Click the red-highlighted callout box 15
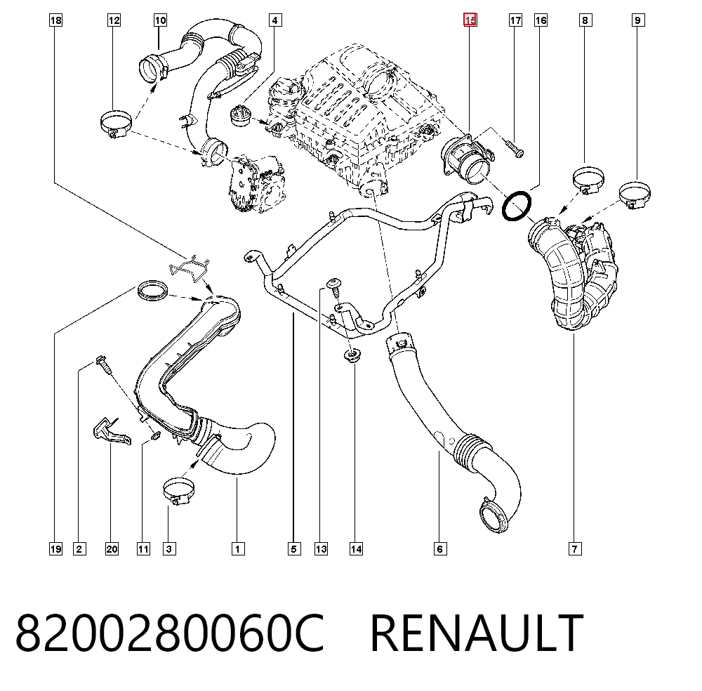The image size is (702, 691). coord(470,20)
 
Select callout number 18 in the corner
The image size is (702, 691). coord(55,20)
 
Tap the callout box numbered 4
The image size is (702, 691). coord(275,20)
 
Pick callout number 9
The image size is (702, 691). coord(637,20)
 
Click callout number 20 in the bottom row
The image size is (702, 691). coord(112,548)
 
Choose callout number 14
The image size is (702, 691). coord(356,548)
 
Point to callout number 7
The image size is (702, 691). coord(575,548)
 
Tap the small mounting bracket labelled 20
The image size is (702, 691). coord(111,431)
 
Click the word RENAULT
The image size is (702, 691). coord(477,633)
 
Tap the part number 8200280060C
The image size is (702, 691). coord(170,633)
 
